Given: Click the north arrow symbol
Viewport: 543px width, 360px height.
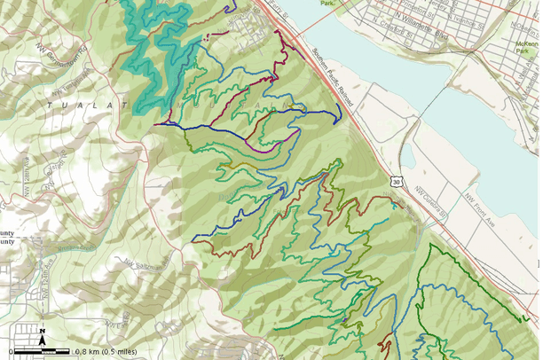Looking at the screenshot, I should click(x=42, y=335).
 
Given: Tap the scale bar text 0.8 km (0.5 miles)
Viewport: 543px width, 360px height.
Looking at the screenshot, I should click(x=106, y=352).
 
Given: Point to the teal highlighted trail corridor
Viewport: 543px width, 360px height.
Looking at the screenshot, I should click(x=151, y=53).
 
